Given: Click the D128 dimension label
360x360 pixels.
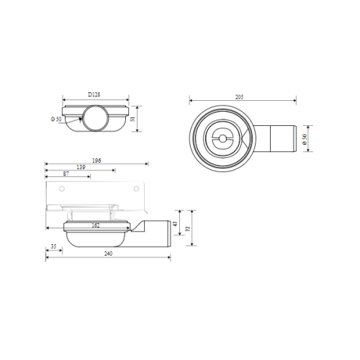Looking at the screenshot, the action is [x=94, y=94].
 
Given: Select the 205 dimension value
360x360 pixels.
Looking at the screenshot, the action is [x=239, y=97].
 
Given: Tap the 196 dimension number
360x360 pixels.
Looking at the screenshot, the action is [x=96, y=161].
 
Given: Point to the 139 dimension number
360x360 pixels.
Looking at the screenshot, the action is [x=81, y=167].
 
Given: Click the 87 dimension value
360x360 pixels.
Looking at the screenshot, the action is [x=66, y=174].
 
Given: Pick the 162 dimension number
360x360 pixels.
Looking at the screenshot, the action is [x=96, y=225].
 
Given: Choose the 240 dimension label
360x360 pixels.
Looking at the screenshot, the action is [x=108, y=253].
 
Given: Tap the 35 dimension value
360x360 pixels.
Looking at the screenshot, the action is [x=53, y=246].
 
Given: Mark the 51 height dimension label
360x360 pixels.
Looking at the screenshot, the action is [x=133, y=119].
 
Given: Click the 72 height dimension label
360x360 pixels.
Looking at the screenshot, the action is [x=189, y=228].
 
